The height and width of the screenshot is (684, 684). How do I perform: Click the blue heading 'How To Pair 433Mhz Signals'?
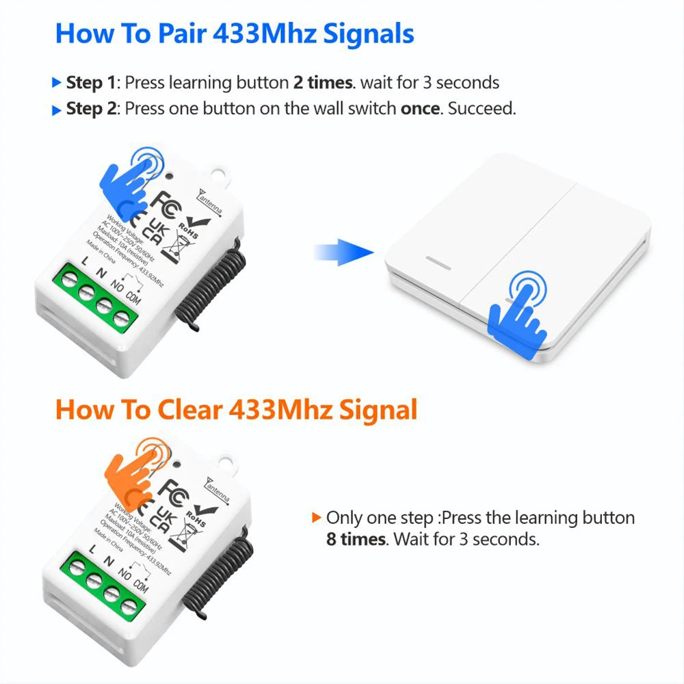(x=234, y=34)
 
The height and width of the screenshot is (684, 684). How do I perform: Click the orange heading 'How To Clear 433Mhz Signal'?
(x=236, y=410)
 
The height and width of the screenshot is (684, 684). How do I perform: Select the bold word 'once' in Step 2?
(x=419, y=109)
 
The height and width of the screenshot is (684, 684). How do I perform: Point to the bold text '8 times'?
(x=356, y=539)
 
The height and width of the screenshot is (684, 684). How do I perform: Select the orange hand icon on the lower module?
(x=135, y=470)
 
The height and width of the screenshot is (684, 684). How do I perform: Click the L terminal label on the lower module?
(x=92, y=549)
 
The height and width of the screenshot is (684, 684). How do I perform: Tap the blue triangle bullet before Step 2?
(x=57, y=110)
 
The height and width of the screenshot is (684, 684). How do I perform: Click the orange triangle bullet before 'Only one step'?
(x=315, y=518)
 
